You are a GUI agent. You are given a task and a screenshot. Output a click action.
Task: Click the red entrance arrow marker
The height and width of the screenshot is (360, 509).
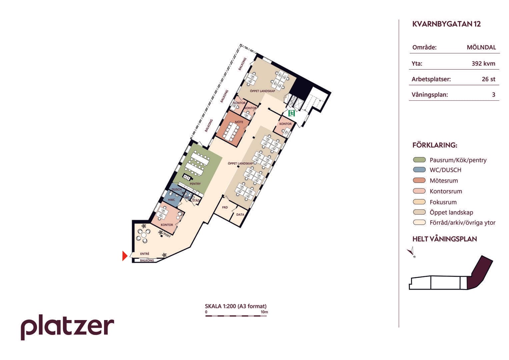click(125, 256)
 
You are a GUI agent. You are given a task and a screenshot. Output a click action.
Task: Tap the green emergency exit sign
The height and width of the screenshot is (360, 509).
click(292, 113)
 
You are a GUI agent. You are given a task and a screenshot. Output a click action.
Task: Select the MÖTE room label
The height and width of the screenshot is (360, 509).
click(239, 122)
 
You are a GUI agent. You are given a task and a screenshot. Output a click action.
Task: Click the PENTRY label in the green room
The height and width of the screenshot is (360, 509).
click(195, 184)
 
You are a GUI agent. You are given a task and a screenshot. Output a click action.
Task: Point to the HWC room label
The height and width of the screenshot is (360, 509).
click(172, 200)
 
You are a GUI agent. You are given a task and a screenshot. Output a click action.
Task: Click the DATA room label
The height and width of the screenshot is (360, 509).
click(240, 215)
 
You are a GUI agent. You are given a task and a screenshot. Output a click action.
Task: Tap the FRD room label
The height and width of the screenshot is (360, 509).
click(225, 207)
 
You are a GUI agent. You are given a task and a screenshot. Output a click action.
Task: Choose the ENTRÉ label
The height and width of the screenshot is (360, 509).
click(145, 254)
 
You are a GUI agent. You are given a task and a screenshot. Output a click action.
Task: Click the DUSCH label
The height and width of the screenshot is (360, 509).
click(177, 190)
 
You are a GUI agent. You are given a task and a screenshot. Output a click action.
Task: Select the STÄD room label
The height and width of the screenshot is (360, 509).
click(196, 201)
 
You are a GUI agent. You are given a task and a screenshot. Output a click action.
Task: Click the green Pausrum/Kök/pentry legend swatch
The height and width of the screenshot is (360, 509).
click(419, 160)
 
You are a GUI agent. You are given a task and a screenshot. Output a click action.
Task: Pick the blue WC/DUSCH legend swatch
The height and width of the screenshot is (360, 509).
click(419, 170)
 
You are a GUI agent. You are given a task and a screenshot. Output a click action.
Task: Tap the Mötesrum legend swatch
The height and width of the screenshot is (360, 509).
click(419, 180)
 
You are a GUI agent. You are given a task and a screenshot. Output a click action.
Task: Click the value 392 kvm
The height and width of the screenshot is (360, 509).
click(483, 63)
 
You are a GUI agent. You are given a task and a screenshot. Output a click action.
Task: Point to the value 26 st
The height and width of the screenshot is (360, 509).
click(489, 79)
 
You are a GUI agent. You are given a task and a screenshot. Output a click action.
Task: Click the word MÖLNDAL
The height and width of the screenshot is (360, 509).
click(481, 47)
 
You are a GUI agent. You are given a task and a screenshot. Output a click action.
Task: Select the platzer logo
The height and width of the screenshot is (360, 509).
click(67, 327)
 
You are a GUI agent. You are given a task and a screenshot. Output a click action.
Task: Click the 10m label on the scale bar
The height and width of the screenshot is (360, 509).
click(264, 312)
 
